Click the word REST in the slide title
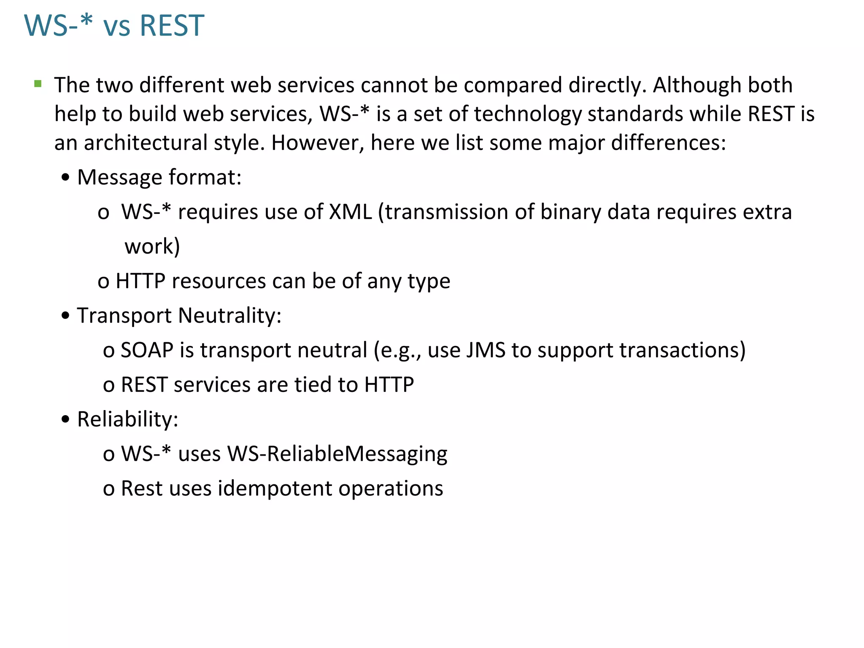tap(172, 26)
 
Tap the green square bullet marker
tap(38, 84)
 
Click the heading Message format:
tap(159, 177)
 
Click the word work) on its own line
tap(152, 246)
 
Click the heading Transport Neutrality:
tap(179, 316)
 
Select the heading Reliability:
tap(128, 419)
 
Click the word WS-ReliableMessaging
tap(337, 454)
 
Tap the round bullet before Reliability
tap(65, 420)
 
